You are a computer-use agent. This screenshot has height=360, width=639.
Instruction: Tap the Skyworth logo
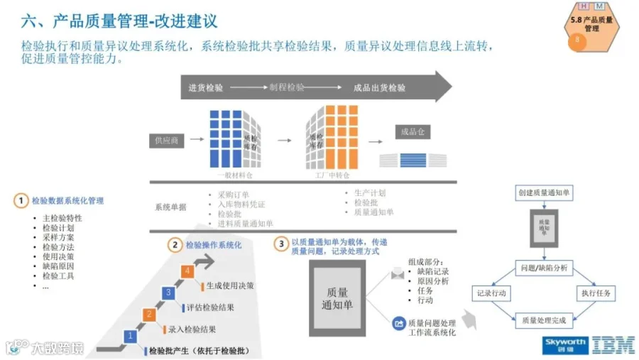pyautogui.click(x=565, y=344)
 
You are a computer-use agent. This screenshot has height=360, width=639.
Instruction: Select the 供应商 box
pyautogui.click(x=167, y=141)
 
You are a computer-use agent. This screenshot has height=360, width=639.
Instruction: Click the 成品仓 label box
pyautogui.click(x=413, y=132)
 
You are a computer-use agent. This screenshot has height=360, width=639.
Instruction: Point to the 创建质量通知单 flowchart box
pyautogui.click(x=545, y=193)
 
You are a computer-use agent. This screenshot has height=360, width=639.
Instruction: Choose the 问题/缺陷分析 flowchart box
pyautogui.click(x=545, y=268)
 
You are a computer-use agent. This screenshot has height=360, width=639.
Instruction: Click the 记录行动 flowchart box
pyautogui.click(x=492, y=293)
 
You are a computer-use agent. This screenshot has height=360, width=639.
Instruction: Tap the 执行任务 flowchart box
pyautogui.click(x=596, y=293)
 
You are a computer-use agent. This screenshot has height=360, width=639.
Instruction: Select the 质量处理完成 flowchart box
pyautogui.click(x=545, y=320)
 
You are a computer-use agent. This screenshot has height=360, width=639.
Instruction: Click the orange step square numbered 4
pyautogui.click(x=187, y=271)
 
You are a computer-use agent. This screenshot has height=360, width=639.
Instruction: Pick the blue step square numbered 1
pyautogui.click(x=129, y=335)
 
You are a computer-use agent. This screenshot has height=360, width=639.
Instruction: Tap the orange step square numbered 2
pyautogui.click(x=148, y=314)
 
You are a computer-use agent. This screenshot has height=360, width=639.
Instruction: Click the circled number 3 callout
pyautogui.click(x=282, y=244)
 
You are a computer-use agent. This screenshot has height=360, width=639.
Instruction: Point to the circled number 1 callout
pyautogui.click(x=21, y=201)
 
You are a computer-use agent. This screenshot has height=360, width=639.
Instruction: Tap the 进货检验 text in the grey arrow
pyautogui.click(x=206, y=88)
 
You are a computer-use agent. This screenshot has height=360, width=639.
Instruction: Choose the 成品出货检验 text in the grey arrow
pyautogui.click(x=380, y=88)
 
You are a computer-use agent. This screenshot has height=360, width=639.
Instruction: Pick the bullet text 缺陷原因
pyautogui.click(x=58, y=266)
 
